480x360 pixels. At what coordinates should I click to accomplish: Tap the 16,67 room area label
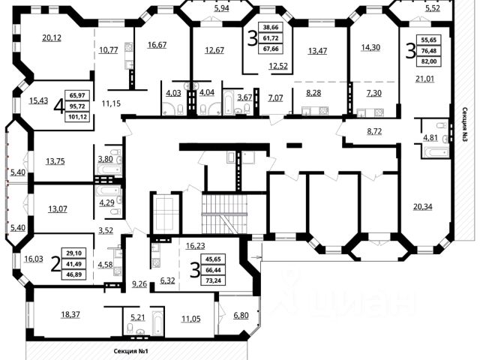pyautogui.click(x=157, y=45)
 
